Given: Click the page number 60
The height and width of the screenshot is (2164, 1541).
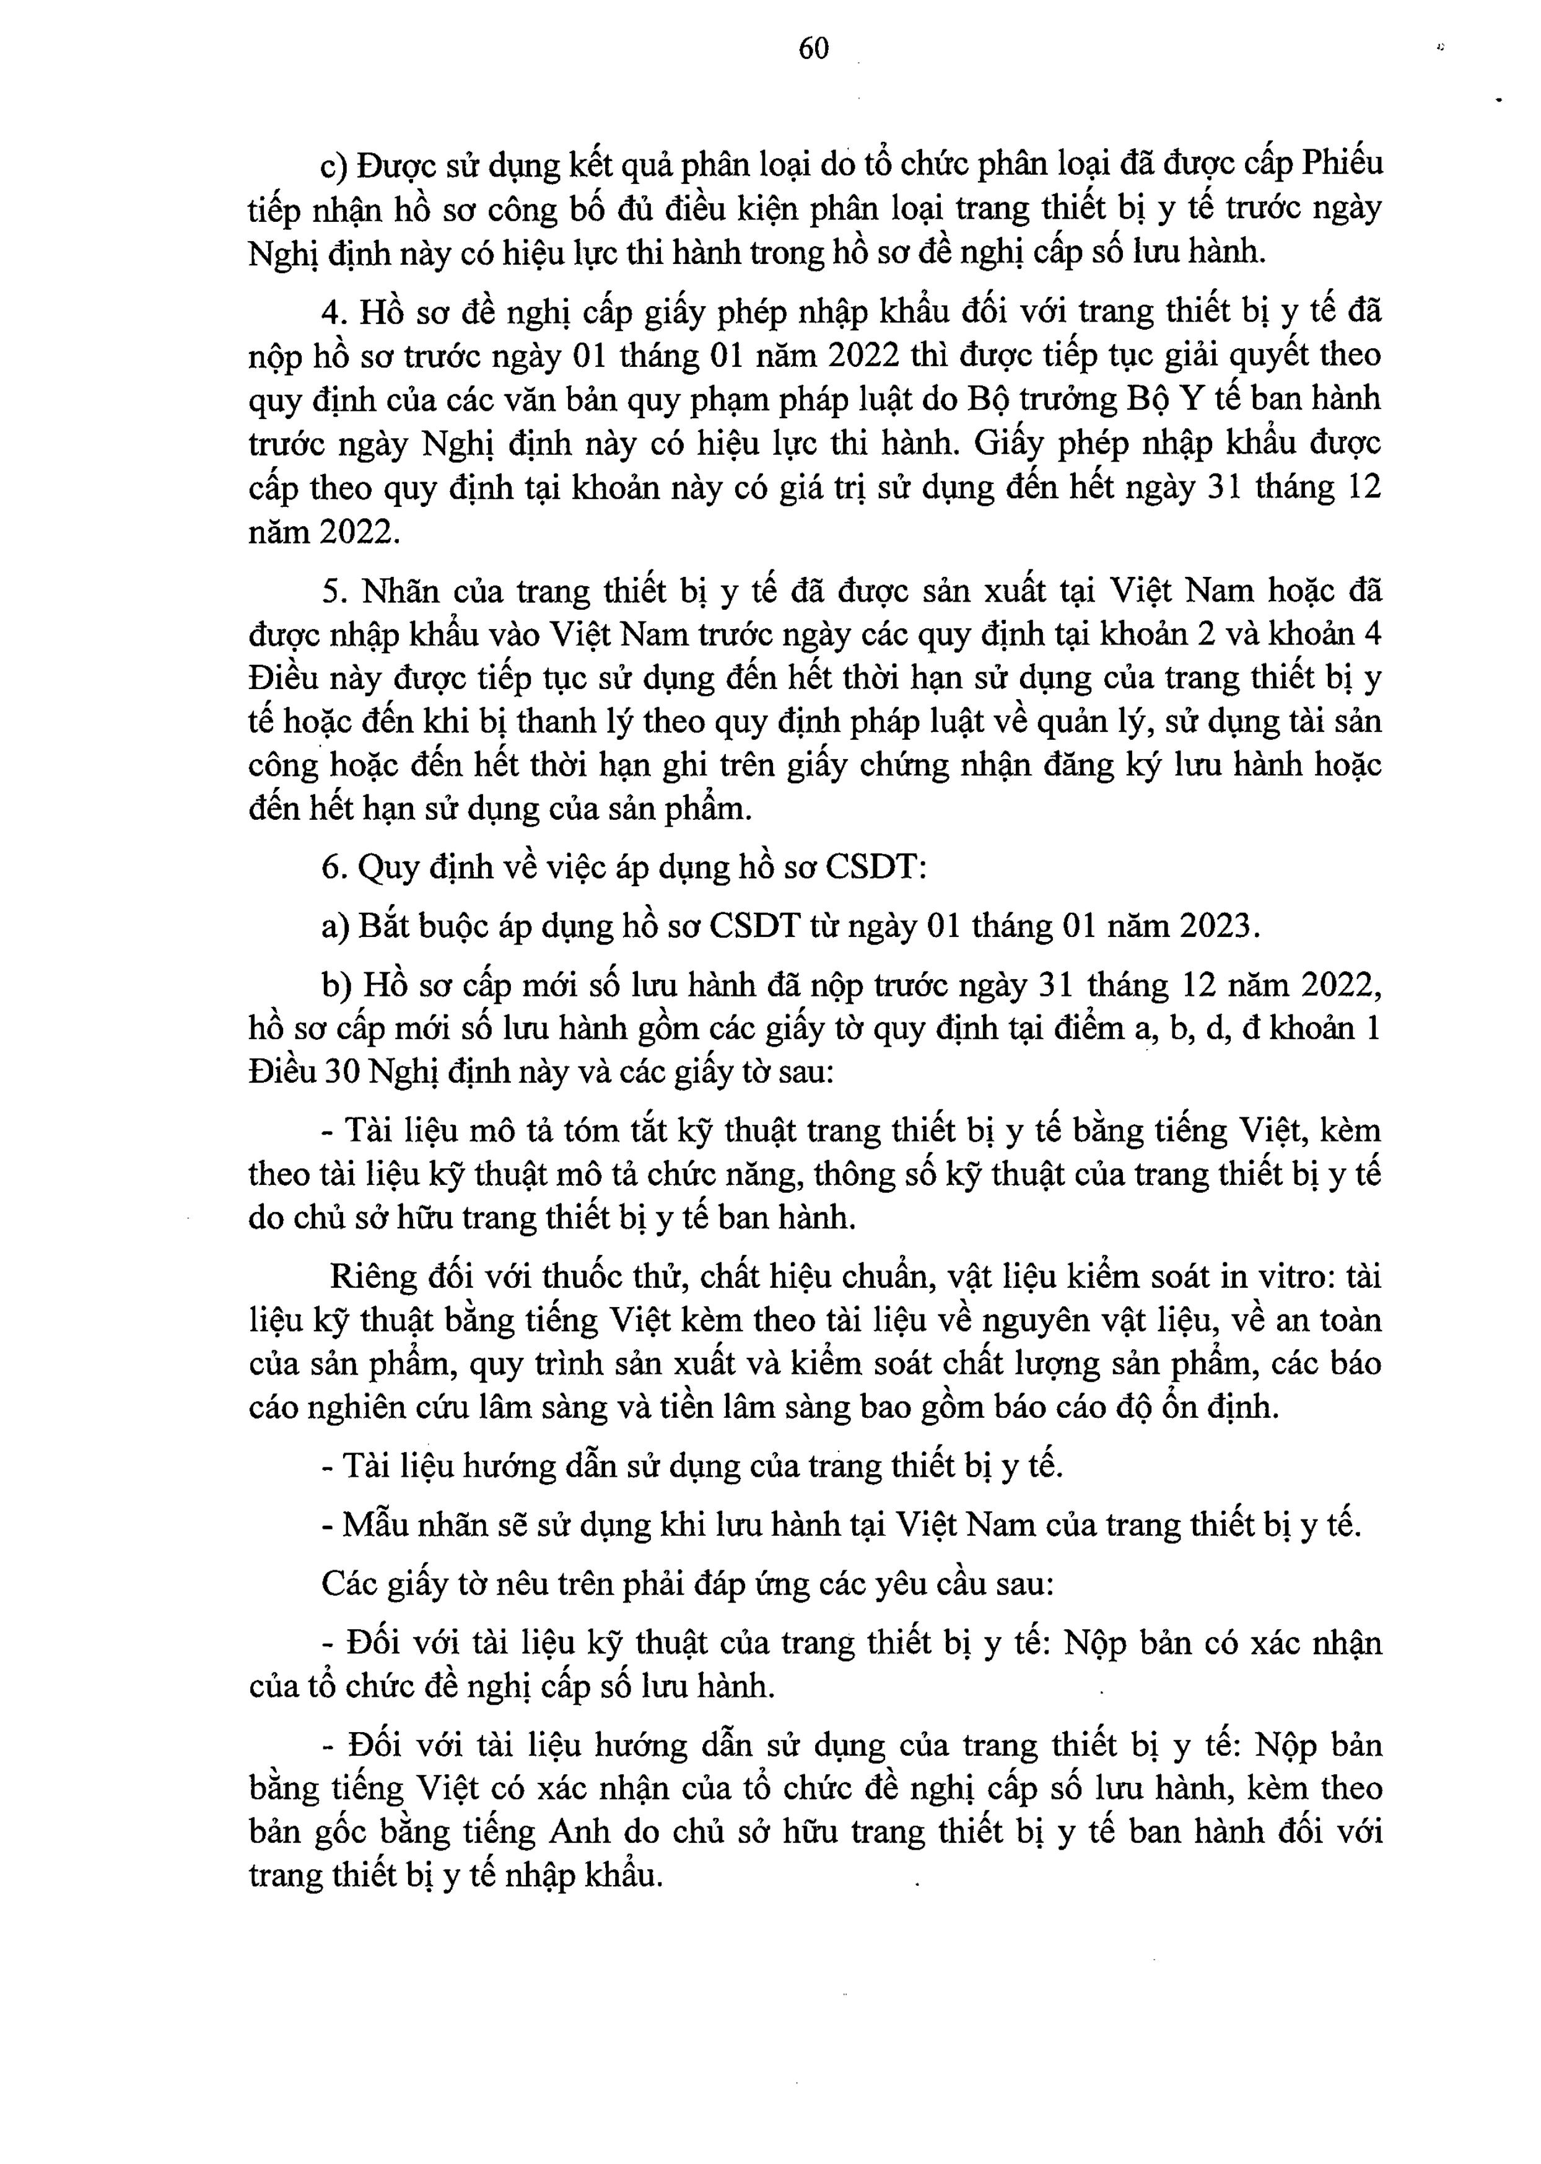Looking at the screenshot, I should pos(813,48).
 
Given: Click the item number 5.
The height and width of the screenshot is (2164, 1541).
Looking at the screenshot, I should pos(331,591).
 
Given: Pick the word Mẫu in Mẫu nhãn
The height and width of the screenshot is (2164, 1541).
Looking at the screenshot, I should pos(376,1525).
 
